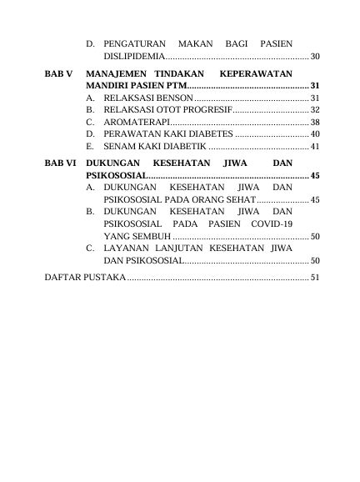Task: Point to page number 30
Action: click(314, 56)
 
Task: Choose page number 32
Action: click(314, 110)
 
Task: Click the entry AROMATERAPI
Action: click(130, 122)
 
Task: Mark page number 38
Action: click(314, 122)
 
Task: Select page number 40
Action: click(314, 134)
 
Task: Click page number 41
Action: click(314, 146)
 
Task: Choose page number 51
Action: click(314, 278)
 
